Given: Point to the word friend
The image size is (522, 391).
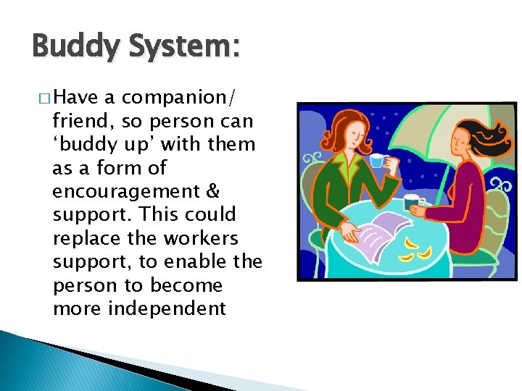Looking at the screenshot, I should [x=77, y=121].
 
